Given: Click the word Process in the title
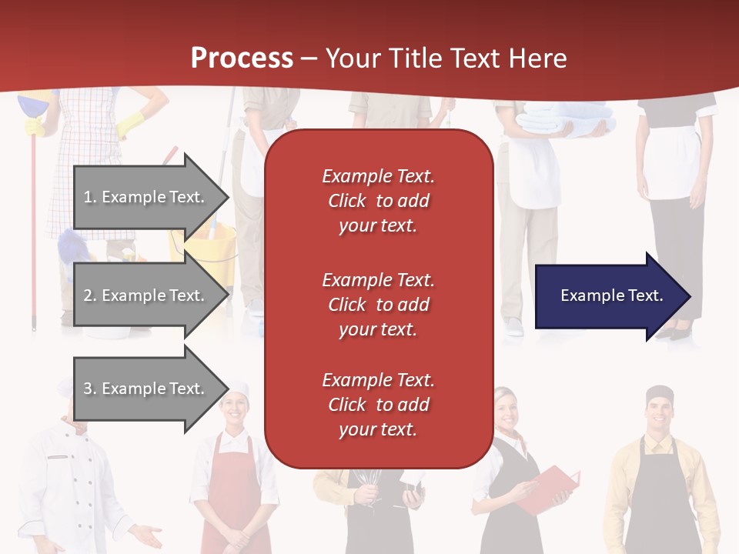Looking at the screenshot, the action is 242,58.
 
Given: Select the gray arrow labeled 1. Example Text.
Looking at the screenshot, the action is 152,197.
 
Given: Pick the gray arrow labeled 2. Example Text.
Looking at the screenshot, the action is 152,295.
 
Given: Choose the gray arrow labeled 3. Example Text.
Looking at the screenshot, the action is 152,389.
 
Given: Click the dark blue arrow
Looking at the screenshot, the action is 614,295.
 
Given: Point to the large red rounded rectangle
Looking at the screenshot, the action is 379,299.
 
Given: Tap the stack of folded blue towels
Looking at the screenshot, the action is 566,120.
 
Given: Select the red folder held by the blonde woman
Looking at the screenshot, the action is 550,489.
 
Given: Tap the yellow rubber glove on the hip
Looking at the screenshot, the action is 131,123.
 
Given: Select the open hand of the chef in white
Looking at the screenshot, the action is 146,536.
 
